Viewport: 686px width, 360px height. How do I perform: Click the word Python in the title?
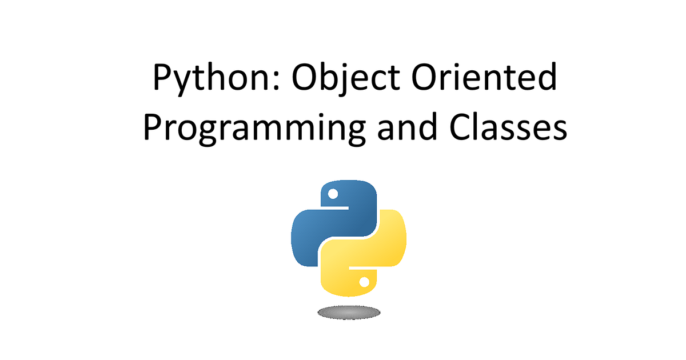pyautogui.click(x=212, y=78)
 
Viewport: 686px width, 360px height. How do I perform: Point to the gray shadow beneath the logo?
pyautogui.click(x=349, y=312)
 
